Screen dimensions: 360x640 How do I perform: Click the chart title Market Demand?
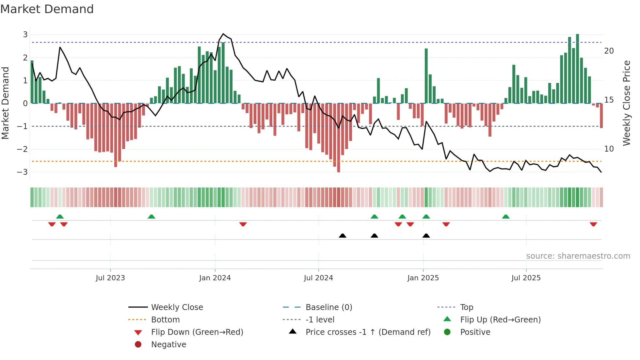[47, 9]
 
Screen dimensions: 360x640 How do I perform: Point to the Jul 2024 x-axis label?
[318, 278]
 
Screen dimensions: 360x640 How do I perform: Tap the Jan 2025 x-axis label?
[423, 278]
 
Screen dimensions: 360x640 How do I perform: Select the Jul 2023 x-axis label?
[110, 278]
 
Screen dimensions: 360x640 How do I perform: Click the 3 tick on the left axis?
[25, 35]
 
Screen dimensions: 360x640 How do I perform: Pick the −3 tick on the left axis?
[23, 172]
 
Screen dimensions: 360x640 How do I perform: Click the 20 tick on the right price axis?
[609, 51]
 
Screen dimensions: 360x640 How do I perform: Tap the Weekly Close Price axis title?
[626, 103]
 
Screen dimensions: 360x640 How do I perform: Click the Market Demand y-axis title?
[6, 103]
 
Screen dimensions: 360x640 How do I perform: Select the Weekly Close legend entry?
[177, 307]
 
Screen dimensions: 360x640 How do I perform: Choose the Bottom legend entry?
[165, 320]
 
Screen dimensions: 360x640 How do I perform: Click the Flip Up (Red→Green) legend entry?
[500, 320]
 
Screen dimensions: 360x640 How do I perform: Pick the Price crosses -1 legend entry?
[368, 332]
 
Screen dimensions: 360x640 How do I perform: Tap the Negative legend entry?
[168, 345]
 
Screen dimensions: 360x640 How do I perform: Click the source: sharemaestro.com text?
[578, 256]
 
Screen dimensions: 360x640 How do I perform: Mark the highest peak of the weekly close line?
[223, 34]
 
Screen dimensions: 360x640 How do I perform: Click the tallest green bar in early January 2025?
[426, 76]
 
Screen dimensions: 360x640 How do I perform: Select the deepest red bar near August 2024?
[339, 138]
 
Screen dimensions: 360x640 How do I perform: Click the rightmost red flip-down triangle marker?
[593, 224]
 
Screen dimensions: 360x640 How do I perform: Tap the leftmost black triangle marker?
[343, 236]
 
